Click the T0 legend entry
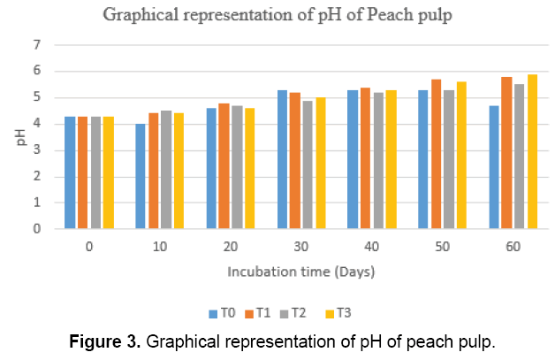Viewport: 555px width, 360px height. point(223,312)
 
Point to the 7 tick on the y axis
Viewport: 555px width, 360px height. point(36,45)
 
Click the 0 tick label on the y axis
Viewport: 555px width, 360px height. point(36,228)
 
